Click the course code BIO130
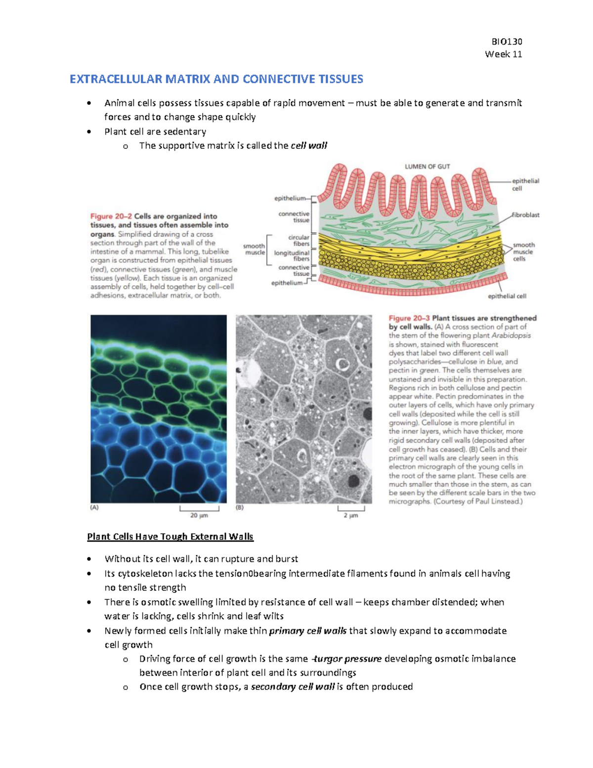click(507, 42)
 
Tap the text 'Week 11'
click(503, 54)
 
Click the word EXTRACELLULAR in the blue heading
click(116, 79)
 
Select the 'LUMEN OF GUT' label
click(427, 167)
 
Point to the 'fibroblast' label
click(525, 215)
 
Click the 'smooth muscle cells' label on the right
click(523, 252)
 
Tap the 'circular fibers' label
click(298, 240)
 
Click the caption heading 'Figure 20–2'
click(111, 216)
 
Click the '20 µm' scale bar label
click(199, 515)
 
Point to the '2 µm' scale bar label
click(351, 515)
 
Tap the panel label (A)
click(94, 507)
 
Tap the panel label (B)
click(240, 507)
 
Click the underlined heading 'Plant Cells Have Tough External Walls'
click(170, 537)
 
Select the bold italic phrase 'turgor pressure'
click(347, 659)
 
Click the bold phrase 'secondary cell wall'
click(293, 686)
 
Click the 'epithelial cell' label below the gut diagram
click(507, 296)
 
